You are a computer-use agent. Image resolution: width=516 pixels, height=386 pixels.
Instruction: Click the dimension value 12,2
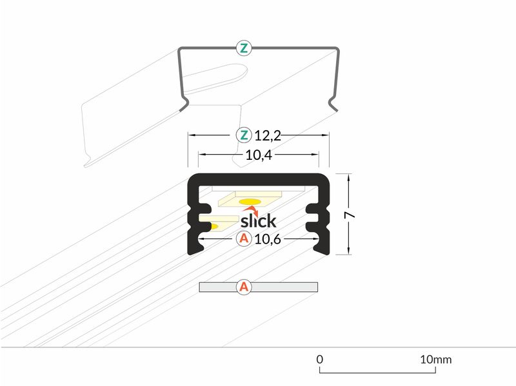pos(268,135)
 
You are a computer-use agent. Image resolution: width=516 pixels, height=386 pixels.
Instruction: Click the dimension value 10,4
pos(259,155)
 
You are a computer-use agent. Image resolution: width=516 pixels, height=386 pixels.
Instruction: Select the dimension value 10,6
pos(268,239)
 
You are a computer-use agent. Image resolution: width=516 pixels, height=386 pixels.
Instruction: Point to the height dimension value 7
pos(350,215)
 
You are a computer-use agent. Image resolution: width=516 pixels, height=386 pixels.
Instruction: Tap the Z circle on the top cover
pos(244,48)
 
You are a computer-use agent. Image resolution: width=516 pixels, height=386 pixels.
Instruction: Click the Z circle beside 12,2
pos(244,135)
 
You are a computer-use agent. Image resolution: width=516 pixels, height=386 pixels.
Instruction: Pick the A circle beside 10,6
pos(244,238)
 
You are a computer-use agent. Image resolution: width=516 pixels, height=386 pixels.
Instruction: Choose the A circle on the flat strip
pos(244,287)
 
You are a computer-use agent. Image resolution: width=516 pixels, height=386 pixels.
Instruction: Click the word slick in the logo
pos(259,220)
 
